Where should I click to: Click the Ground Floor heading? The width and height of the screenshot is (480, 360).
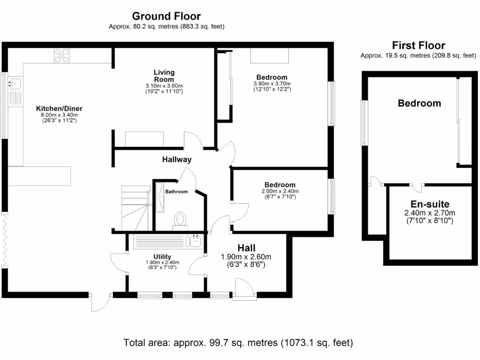pos(166,16)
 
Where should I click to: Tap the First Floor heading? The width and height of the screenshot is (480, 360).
pos(419,45)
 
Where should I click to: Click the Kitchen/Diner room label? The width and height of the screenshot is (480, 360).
pos(59,108)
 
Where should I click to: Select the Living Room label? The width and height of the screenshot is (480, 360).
pos(164,75)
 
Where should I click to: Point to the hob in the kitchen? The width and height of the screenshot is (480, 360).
pos(61,55)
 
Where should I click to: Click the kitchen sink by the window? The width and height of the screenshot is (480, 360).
pos(15,83)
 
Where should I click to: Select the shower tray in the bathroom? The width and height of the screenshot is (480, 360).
pos(160,197)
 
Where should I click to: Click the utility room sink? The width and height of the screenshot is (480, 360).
pos(196,241)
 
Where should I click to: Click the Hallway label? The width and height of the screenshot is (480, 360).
pos(177,159)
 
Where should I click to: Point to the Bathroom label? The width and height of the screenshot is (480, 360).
pos(177,192)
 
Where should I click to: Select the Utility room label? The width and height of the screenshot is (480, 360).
pos(162,256)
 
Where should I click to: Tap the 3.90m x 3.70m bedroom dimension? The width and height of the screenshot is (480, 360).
pos(272,83)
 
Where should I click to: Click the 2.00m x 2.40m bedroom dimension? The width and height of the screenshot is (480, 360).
pos(280,191)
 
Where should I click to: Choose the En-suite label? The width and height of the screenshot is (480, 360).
pos(430,204)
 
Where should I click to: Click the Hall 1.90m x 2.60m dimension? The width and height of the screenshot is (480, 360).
pos(246,257)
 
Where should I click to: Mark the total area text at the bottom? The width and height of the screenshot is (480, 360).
pos(238,343)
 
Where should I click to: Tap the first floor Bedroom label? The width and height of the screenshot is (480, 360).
pos(420,103)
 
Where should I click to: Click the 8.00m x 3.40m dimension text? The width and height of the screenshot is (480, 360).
pos(60,115)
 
